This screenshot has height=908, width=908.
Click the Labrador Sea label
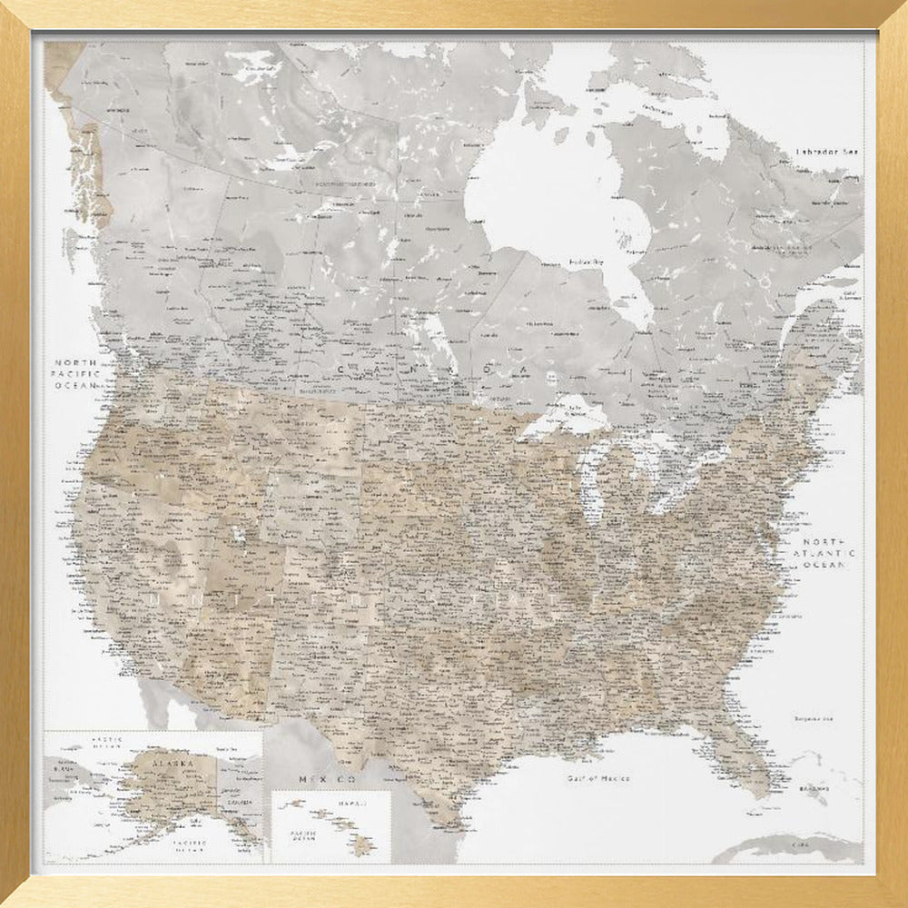point(826,152)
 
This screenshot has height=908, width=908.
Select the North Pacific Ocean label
point(76,373)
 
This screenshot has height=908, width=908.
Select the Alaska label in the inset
point(173,765)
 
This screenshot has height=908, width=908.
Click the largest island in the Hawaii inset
point(365,846)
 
